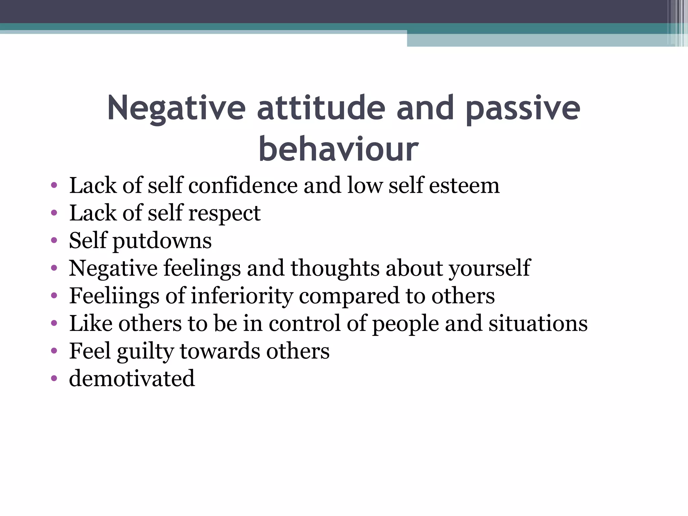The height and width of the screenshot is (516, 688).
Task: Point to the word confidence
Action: [x=243, y=185]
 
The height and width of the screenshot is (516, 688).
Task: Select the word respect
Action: [x=224, y=214]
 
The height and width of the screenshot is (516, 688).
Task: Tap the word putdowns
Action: [x=162, y=241]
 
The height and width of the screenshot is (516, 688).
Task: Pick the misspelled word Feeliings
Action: [x=114, y=296]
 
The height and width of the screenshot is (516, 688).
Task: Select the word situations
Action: [x=538, y=324]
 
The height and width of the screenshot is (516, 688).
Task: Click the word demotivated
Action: [x=132, y=379]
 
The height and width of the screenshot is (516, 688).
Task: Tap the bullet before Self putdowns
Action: [x=54, y=241]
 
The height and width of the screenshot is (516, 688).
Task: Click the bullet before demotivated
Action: [x=54, y=379]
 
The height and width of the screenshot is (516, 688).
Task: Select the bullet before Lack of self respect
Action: [x=54, y=213]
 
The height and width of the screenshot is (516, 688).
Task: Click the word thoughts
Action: [x=335, y=269]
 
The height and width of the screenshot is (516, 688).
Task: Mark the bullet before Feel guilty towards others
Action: [x=54, y=351]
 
